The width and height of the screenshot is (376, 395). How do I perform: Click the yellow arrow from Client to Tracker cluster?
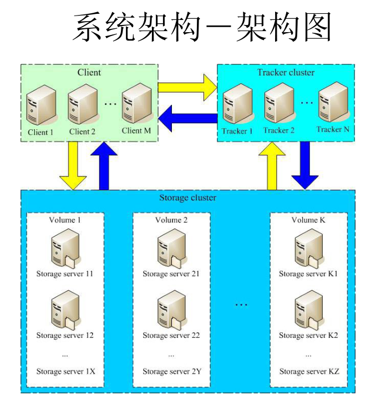click(x=187, y=87)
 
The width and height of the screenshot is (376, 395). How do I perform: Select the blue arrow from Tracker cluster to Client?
click(x=188, y=118)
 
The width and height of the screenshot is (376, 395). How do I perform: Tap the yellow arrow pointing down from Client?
click(x=73, y=165)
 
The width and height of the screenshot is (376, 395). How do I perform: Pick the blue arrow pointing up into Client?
click(x=104, y=165)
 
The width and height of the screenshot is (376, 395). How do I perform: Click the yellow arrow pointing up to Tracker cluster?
click(x=272, y=165)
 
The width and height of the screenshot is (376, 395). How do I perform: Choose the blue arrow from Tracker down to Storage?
click(x=305, y=165)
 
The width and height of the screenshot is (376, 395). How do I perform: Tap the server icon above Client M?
click(x=138, y=103)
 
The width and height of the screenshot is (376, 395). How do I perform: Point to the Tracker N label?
click(x=333, y=129)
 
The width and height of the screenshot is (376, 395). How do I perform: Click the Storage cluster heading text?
click(x=188, y=197)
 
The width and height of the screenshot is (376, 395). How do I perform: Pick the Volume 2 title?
click(x=171, y=220)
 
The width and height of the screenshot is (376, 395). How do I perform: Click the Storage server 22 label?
click(x=171, y=335)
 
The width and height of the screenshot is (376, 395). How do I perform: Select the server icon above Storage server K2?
click(x=309, y=310)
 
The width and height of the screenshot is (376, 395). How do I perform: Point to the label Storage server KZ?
click(x=309, y=371)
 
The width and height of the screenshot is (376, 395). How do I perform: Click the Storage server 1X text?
click(x=66, y=371)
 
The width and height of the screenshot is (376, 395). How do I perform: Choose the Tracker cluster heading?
click(x=286, y=73)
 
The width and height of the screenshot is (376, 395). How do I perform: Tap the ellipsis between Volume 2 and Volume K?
click(x=241, y=305)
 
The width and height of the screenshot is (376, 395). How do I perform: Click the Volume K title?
click(x=308, y=220)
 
